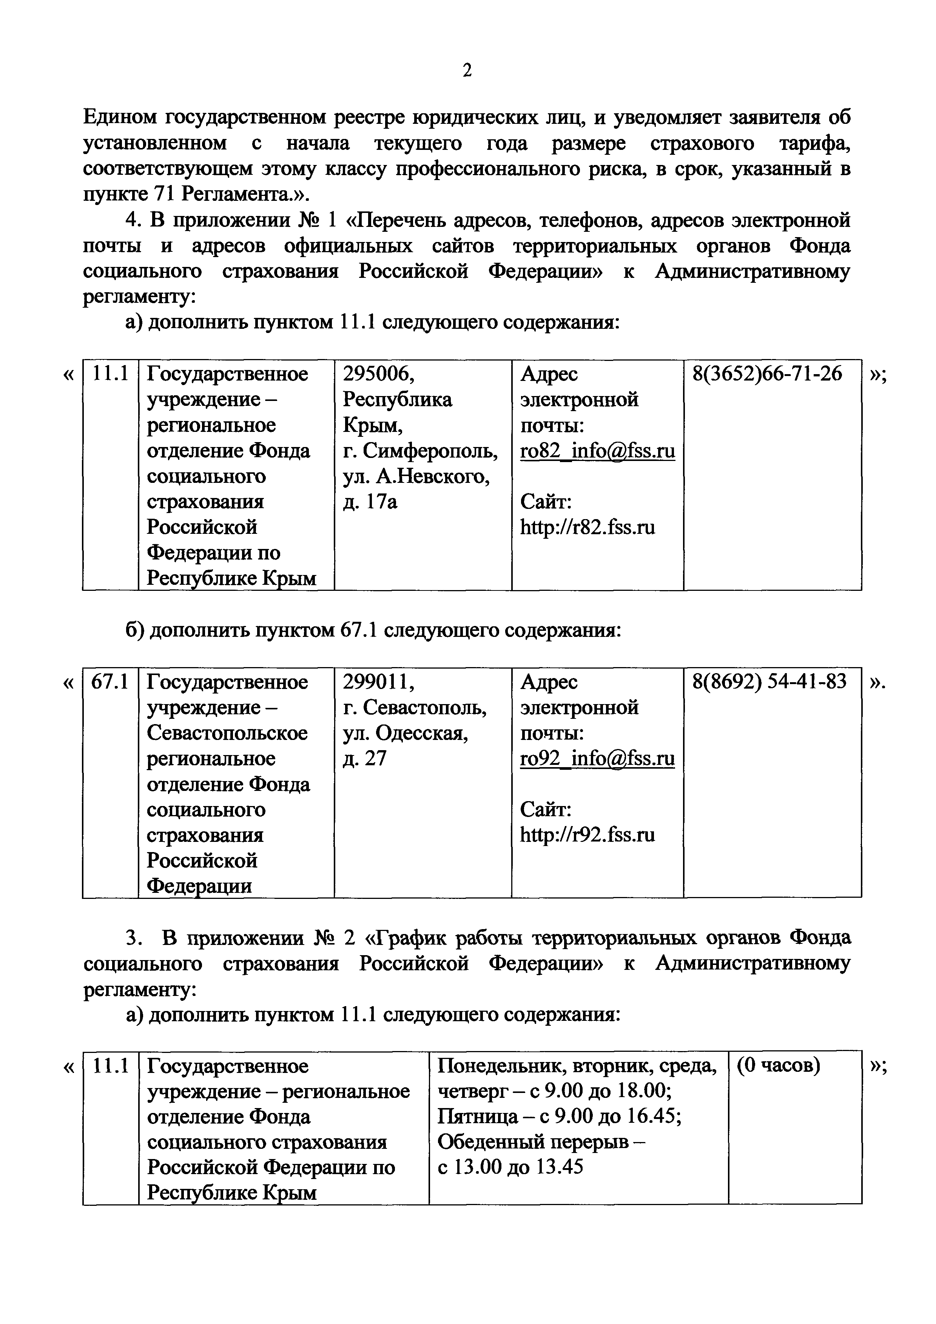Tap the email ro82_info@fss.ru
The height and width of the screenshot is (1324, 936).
point(597,451)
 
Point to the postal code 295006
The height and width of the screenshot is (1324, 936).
point(378,374)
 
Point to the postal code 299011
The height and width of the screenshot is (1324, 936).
point(378,682)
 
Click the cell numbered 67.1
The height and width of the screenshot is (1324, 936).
point(110,682)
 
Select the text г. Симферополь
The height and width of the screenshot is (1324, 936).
point(420,451)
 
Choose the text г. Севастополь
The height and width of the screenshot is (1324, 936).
point(415,707)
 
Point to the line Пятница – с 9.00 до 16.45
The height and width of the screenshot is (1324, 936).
point(560,1117)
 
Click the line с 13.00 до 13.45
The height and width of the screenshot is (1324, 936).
point(510,1168)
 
